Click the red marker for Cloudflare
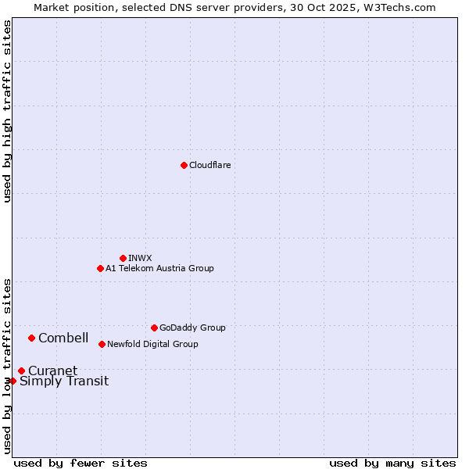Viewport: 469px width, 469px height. [184, 165]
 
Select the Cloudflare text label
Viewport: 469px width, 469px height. [209, 165]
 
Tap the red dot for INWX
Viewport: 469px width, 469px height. [123, 258]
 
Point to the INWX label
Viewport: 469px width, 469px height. [140, 258]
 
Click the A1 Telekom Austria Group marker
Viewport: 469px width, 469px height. [100, 268]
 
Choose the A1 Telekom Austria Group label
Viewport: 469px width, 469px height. [159, 268]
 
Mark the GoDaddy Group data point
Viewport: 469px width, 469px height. [154, 328]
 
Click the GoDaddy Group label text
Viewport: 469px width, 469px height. [192, 328]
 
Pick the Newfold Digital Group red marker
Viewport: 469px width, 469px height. [102, 344]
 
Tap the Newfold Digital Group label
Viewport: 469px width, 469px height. [152, 344]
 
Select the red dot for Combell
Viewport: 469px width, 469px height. [31, 338]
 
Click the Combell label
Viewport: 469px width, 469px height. [63, 338]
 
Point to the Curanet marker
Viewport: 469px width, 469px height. [21, 371]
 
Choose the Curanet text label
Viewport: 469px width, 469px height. [52, 371]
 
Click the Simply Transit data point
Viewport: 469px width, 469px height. [13, 381]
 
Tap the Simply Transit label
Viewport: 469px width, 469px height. [64, 381]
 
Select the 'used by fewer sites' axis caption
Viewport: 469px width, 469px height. [81, 463]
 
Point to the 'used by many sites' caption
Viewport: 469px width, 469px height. [392, 463]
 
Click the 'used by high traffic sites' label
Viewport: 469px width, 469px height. [7, 111]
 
